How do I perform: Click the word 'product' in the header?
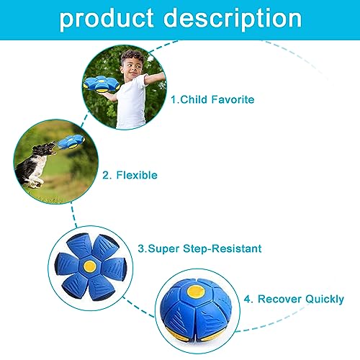point(107,19)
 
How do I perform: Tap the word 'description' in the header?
point(233,19)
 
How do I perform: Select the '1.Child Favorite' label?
point(212,99)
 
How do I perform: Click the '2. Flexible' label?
point(130,175)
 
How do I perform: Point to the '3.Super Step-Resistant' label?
point(199,248)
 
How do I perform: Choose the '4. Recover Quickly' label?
point(294,300)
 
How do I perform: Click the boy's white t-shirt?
point(131,102)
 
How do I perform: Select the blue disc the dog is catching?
point(71,142)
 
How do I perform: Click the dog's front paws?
point(35,183)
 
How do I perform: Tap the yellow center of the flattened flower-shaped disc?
point(90,266)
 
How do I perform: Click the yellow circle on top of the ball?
point(196,292)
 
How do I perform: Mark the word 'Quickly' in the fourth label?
point(325,300)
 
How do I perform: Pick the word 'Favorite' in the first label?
point(233,99)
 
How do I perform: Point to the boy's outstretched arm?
point(155,78)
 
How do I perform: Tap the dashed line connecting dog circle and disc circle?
point(73,215)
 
